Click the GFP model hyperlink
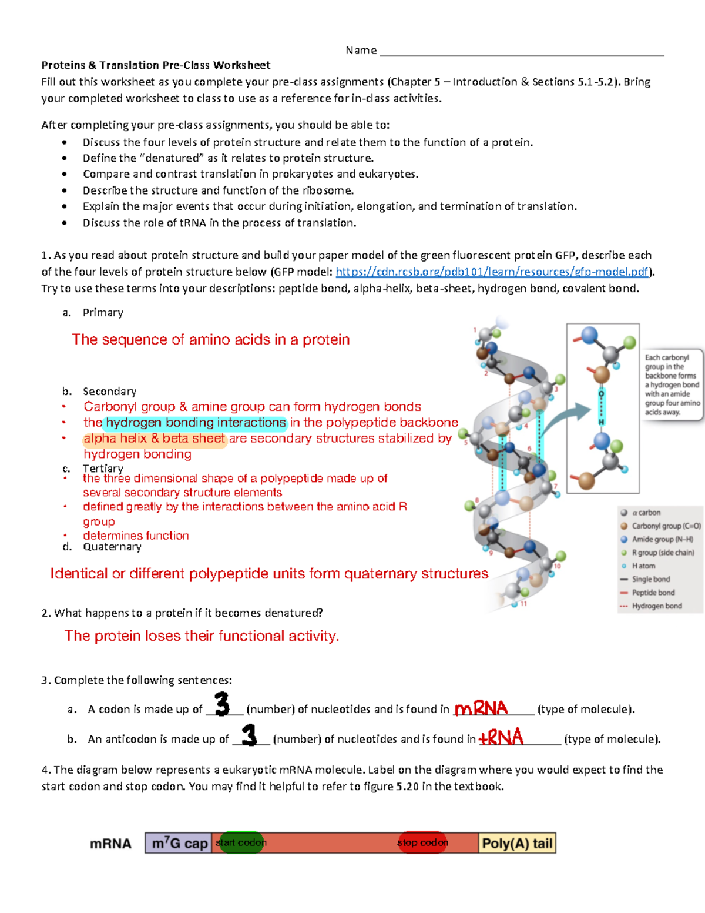(x=492, y=272)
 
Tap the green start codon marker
(x=240, y=842)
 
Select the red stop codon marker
(x=422, y=842)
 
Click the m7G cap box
(x=179, y=843)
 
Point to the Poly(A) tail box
(x=517, y=843)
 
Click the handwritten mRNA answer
(x=481, y=708)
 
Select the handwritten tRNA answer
(x=501, y=737)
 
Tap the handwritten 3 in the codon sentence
(x=222, y=704)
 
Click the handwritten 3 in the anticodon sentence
(x=250, y=735)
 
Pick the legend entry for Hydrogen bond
(x=656, y=606)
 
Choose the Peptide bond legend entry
(x=653, y=593)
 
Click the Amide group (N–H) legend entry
(x=662, y=539)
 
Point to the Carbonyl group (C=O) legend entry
(x=666, y=526)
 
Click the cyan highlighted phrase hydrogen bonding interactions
(x=196, y=423)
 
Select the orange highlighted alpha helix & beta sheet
(x=155, y=439)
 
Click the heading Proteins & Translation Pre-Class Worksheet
(x=156, y=65)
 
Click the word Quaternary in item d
(x=112, y=547)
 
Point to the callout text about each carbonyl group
(x=672, y=384)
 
